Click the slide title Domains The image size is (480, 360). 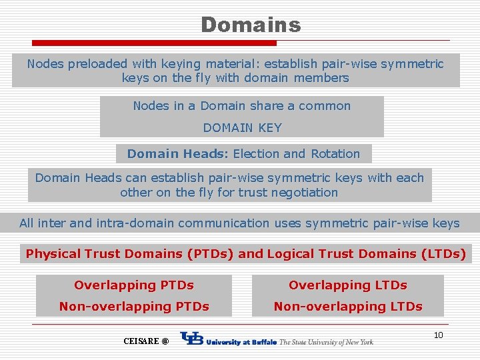tap(251, 25)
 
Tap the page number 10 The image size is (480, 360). tap(438, 335)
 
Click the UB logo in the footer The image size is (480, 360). tap(192, 340)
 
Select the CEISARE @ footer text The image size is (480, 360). tap(146, 341)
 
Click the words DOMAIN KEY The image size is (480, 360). tap(242, 127)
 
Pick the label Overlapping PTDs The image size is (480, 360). tap(134, 285)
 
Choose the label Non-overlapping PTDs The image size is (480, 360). tap(134, 307)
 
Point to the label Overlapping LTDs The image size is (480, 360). tap(347, 285)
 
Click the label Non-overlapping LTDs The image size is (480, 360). tap(347, 307)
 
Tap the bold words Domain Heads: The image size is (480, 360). tap(178, 154)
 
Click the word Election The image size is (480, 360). tap(256, 154)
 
